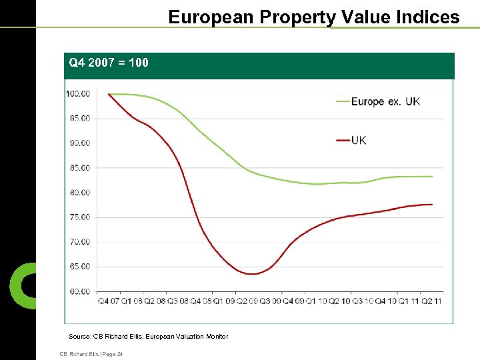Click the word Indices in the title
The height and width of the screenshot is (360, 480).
click(427, 17)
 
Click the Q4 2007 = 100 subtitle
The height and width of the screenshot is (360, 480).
click(109, 63)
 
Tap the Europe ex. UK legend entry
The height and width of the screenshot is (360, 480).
click(385, 101)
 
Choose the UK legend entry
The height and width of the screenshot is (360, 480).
click(359, 140)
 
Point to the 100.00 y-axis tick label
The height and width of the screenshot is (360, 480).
click(78, 93)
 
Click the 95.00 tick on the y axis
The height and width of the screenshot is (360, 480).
click(79, 118)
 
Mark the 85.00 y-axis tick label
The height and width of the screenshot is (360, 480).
click(79, 167)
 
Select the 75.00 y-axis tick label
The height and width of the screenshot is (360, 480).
click(79, 217)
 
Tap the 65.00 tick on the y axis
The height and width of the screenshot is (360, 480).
click(79, 266)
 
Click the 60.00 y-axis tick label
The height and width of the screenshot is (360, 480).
click(79, 291)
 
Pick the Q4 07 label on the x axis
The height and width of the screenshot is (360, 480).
click(109, 301)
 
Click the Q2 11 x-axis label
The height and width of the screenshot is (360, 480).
click(433, 301)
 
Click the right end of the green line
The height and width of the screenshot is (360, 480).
click(432, 177)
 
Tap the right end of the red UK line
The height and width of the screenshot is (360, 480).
click(432, 204)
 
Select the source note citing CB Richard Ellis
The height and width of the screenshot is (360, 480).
click(148, 337)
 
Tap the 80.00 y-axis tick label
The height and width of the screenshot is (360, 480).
click(79, 192)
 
